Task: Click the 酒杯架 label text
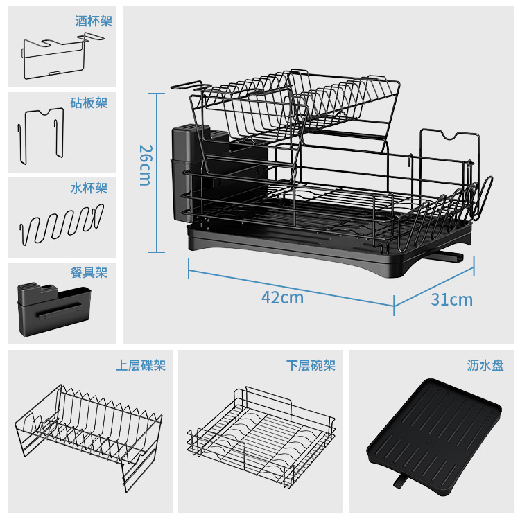click(94, 21)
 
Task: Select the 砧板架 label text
click(89, 103)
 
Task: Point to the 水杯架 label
click(89, 188)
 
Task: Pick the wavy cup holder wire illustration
click(61, 222)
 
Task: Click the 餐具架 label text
click(89, 272)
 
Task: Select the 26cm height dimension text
click(145, 165)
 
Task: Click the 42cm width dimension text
click(282, 298)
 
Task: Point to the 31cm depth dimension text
click(451, 299)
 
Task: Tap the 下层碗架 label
click(311, 365)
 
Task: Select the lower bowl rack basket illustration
click(261, 437)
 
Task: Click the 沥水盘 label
click(485, 365)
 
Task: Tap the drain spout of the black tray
click(401, 479)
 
